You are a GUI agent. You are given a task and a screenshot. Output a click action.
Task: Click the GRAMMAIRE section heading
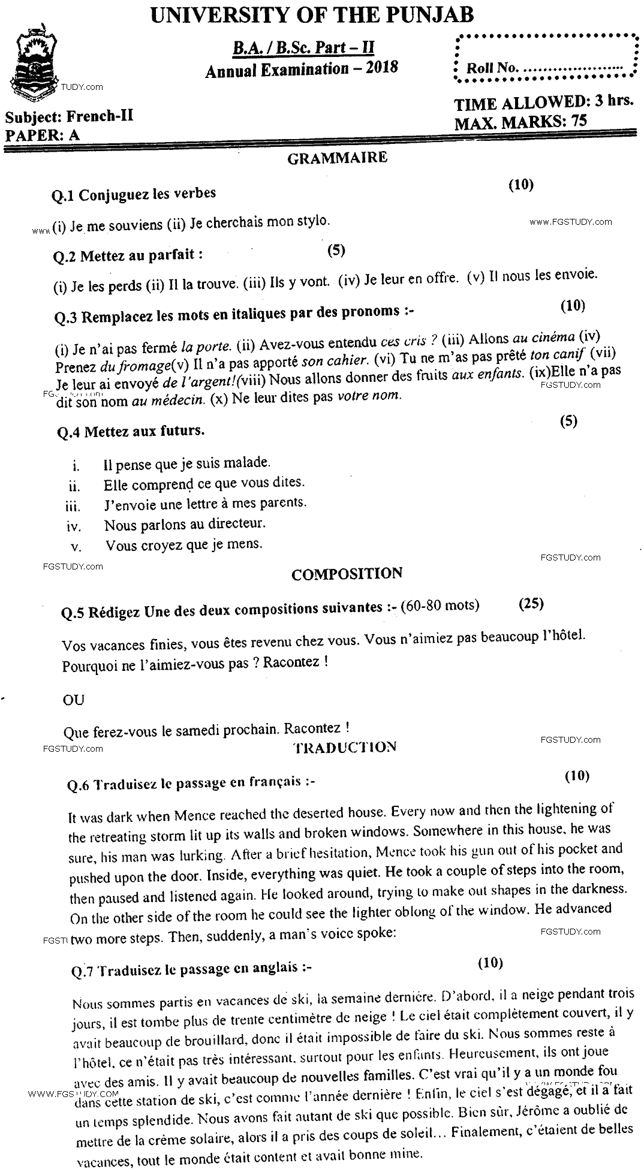(x=337, y=158)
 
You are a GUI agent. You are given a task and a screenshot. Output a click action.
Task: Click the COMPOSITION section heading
(x=347, y=574)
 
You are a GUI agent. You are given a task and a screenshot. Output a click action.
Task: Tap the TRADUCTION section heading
(x=345, y=747)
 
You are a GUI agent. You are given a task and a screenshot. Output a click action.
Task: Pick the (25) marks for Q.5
(x=531, y=603)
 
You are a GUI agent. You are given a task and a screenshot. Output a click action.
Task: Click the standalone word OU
(x=73, y=700)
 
